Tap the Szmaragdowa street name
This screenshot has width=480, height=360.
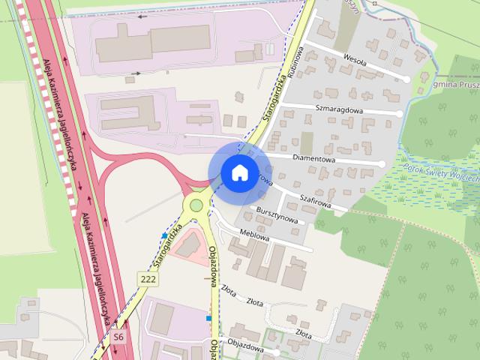(339, 109)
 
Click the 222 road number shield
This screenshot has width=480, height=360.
(148, 279)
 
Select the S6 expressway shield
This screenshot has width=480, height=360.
(119, 337)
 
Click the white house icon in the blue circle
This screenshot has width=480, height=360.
(238, 172)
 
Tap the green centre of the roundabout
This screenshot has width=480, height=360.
(196, 205)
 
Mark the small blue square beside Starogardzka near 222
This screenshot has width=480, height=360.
(163, 236)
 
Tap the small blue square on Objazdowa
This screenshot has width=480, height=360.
(208, 318)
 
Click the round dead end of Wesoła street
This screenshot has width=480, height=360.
(406, 79)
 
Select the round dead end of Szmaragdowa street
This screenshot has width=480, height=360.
(400, 113)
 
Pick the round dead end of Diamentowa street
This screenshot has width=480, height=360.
(382, 163)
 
